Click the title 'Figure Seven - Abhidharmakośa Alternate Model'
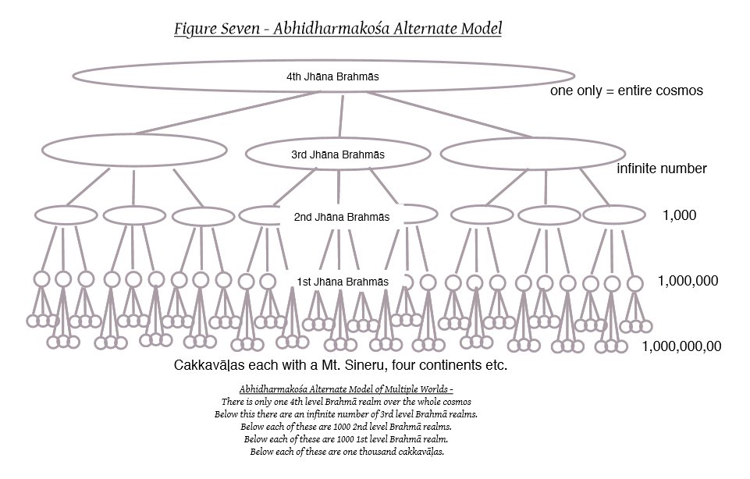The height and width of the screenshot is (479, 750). coord(338,30)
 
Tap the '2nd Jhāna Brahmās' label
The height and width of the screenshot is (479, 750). coord(341,217)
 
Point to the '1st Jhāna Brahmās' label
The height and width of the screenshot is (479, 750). coord(343,281)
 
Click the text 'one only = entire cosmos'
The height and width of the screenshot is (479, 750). coord(627,90)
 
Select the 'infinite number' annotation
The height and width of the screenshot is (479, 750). coord(662,169)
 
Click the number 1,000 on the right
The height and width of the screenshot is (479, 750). coord(678,215)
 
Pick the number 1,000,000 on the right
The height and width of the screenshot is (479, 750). coord(688,280)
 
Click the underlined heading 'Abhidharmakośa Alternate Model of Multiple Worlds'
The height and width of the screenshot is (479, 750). coord(343,389)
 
